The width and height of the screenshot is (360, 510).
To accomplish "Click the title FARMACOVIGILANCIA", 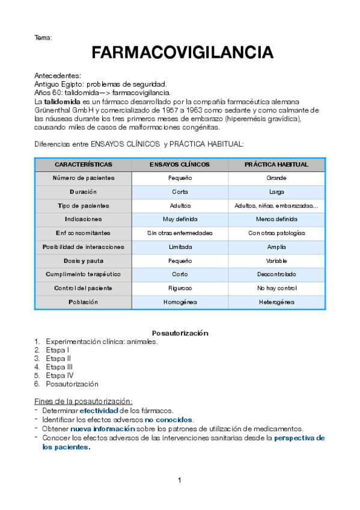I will [x=182, y=54].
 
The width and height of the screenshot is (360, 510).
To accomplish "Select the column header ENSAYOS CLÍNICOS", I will [x=180, y=164].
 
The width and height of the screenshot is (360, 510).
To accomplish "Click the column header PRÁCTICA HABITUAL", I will [x=276, y=164].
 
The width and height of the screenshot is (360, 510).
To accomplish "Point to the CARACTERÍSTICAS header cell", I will [x=83, y=164].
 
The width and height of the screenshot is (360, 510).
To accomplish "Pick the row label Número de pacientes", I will [x=83, y=178].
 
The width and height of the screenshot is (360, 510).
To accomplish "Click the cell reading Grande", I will [x=276, y=178].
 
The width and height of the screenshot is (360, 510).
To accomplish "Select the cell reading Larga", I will [x=276, y=192].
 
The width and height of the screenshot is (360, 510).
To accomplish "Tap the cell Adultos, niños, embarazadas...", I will [x=276, y=206].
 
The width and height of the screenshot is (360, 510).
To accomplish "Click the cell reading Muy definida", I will [x=180, y=220].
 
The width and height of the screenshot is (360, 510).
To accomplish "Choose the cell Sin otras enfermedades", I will [x=180, y=233].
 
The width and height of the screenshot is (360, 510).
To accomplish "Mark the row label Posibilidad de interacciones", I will [x=83, y=247].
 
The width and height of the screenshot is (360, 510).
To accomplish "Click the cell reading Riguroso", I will [x=180, y=288].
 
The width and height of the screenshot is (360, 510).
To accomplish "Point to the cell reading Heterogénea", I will [x=276, y=302].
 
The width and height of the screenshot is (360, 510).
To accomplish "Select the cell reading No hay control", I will [x=276, y=288].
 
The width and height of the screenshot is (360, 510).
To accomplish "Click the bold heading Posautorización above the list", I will [x=180, y=333].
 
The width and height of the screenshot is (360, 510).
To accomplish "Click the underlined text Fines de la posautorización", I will [x=84, y=401].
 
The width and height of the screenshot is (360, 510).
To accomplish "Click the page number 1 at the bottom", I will [x=179, y=481].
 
